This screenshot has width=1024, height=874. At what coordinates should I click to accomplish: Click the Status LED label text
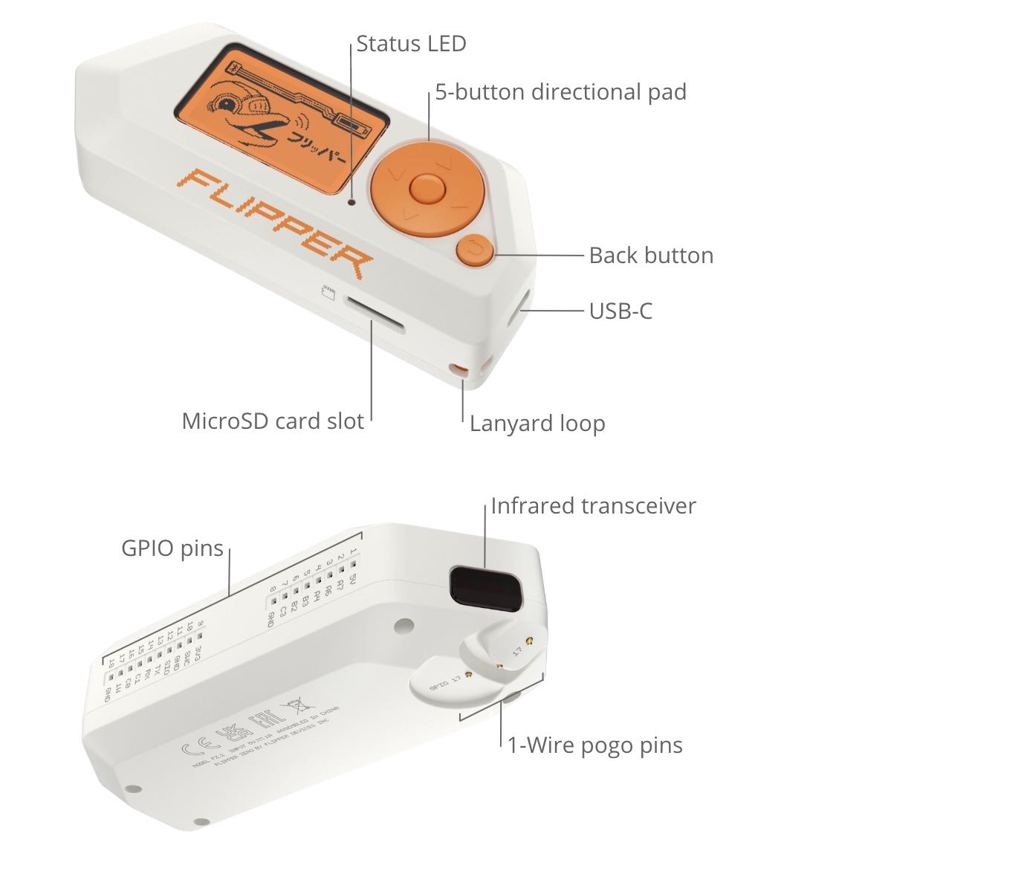[x=410, y=44]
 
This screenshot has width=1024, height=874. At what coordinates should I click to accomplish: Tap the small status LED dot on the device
[x=352, y=201]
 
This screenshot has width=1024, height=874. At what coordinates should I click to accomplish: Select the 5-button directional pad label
[x=560, y=92]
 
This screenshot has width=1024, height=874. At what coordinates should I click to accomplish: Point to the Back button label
[x=650, y=256]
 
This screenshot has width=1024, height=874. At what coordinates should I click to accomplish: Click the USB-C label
[x=620, y=311]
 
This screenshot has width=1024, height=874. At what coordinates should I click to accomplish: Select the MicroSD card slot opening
[x=374, y=314]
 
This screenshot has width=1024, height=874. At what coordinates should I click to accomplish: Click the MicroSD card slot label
[x=272, y=421]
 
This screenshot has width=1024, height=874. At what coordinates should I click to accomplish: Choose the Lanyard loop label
[x=537, y=424]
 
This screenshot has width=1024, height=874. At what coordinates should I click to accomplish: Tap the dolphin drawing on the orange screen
[x=245, y=111]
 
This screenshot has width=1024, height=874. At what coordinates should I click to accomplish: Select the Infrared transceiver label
[x=592, y=506]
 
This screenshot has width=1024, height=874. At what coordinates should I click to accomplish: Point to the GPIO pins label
[x=172, y=548]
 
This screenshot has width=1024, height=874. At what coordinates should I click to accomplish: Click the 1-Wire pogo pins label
[x=594, y=745]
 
